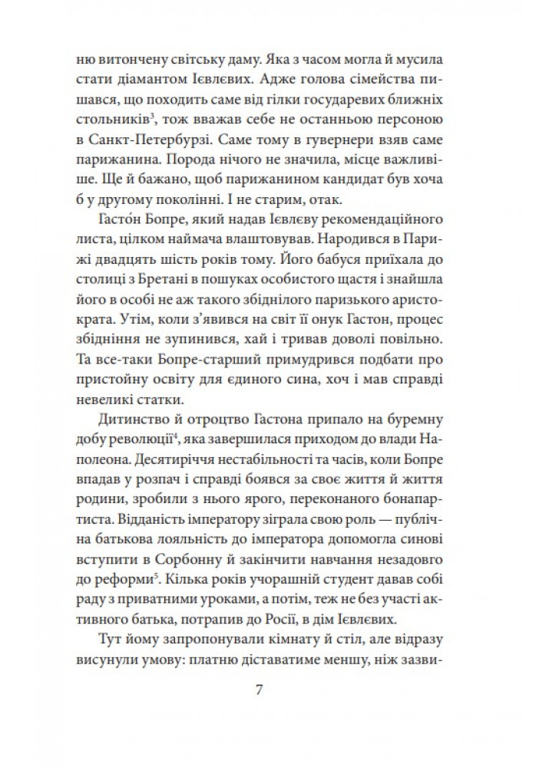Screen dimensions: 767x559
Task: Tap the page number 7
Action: pyautogui.click(x=259, y=689)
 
